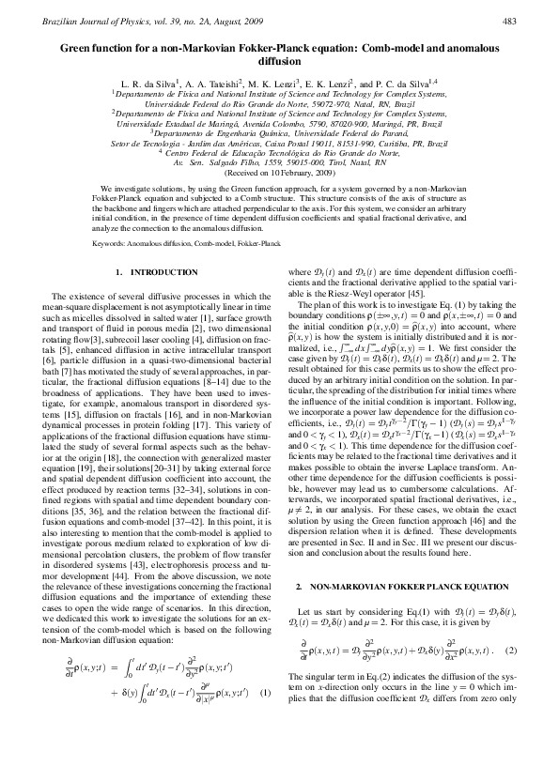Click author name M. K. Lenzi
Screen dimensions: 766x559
[276, 84]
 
